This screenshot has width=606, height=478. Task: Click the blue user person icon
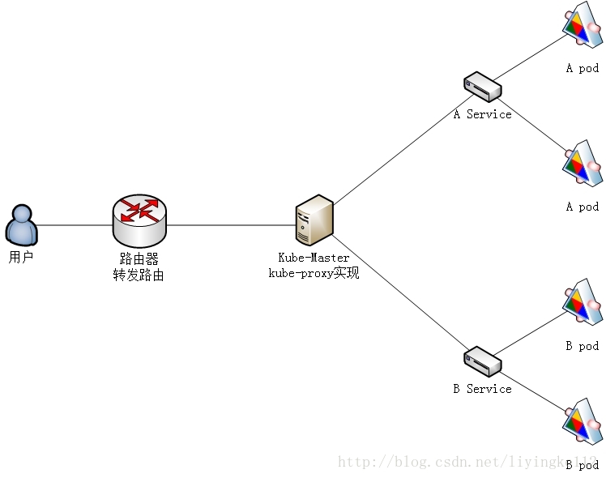click(x=22, y=224)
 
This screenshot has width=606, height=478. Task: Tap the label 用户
click(x=21, y=258)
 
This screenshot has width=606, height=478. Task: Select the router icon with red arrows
click(x=139, y=219)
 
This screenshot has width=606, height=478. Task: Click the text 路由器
click(x=139, y=259)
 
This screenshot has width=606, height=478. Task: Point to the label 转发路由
click(x=139, y=275)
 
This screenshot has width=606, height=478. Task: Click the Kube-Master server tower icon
click(x=314, y=220)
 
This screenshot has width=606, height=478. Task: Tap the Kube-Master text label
click(x=314, y=258)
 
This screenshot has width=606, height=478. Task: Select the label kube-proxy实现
click(x=314, y=273)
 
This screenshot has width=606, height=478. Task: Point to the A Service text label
click(x=482, y=114)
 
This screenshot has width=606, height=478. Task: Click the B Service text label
click(x=482, y=389)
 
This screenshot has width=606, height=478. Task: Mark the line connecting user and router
click(x=75, y=224)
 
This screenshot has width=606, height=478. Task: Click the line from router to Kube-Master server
click(x=231, y=224)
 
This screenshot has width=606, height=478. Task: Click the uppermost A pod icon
click(x=581, y=25)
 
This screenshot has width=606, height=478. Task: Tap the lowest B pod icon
click(x=581, y=421)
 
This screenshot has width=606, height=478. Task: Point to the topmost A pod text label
click(x=582, y=68)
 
